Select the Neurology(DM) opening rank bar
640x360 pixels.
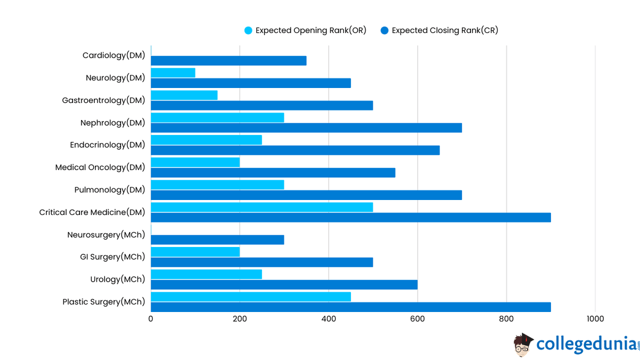click(x=173, y=73)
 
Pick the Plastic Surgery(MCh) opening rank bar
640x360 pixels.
click(x=251, y=297)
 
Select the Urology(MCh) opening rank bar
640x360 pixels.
click(x=206, y=274)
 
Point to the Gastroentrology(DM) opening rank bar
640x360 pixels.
click(x=184, y=95)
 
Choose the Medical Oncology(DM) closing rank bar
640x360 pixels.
click(x=273, y=173)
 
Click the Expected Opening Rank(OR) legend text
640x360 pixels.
click(x=311, y=30)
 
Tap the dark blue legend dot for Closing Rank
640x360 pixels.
click(x=384, y=30)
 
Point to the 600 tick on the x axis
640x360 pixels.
click(x=417, y=319)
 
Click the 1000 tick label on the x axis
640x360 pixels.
click(x=595, y=319)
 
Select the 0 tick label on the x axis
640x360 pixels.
click(x=151, y=319)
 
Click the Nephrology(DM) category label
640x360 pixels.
click(x=113, y=123)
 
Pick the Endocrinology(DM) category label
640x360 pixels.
click(x=107, y=145)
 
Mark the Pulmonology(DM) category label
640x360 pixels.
click(x=109, y=190)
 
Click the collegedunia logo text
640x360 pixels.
click(x=584, y=343)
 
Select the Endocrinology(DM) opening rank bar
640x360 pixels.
click(x=206, y=140)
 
